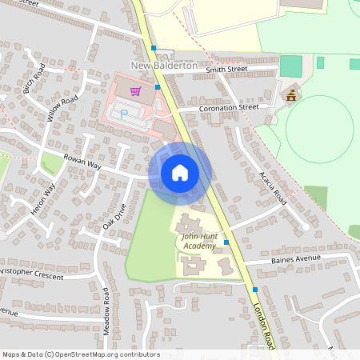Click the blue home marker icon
coord(180,172)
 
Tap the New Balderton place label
coord(164,64)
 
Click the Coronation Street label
coord(230,106)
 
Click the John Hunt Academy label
coord(198,242)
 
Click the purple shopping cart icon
coord(136,90)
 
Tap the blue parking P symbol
coord(124,114)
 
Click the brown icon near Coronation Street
coord(291,96)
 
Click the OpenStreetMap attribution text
coord(80,354)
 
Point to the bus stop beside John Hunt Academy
coord(226,241)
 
